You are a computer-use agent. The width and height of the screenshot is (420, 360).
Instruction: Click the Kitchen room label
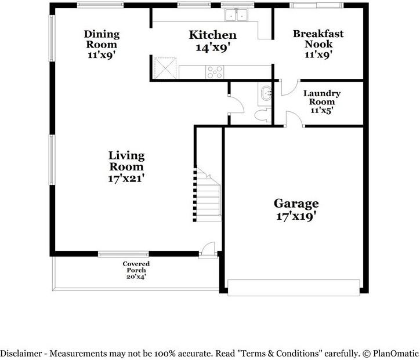(213, 35)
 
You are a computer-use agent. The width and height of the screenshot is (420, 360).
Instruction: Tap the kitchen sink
(236, 15)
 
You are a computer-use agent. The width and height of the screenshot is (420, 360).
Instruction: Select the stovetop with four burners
(215, 72)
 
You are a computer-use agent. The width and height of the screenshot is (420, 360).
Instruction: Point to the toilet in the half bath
(263, 115)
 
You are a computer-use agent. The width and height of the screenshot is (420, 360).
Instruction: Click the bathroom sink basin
(266, 93)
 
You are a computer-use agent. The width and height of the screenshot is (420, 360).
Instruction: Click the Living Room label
(126, 161)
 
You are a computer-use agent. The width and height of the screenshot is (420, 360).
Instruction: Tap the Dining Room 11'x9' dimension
(102, 55)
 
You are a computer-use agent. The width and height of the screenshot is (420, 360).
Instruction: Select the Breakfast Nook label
(318, 39)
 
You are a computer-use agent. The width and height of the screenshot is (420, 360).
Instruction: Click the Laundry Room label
(322, 97)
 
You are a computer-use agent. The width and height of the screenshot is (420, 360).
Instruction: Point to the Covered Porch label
(136, 267)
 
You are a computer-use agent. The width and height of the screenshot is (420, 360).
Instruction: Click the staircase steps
(208, 195)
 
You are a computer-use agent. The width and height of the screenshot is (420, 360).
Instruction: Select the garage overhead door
(294, 288)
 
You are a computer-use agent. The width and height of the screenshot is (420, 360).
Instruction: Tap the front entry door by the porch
(208, 250)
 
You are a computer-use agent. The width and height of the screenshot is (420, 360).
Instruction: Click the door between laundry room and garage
(295, 119)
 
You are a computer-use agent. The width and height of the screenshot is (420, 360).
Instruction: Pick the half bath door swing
(236, 104)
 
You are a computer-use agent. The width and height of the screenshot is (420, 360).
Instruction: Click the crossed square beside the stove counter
(165, 68)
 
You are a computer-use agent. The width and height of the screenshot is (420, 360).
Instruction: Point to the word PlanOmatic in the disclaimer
(396, 354)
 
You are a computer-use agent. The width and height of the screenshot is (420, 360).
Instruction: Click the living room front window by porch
(123, 254)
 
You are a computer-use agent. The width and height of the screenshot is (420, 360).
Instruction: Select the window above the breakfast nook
(316, 5)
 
